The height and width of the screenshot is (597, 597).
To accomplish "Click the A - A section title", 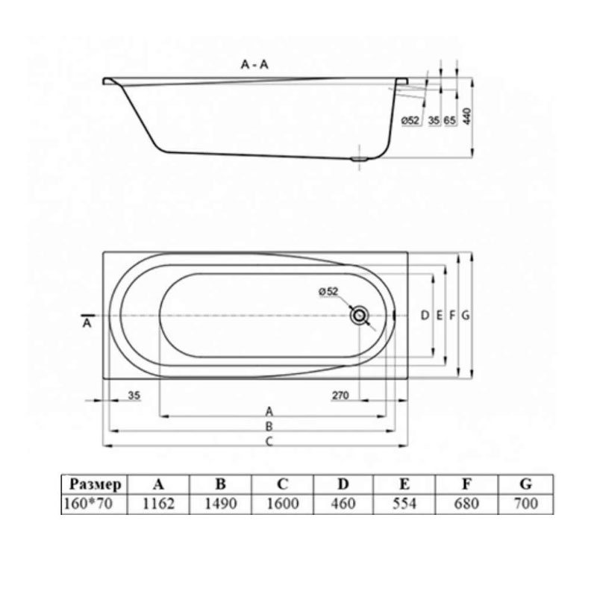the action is tap(254, 65).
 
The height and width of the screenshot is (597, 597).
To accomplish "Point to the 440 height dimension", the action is tap(467, 116).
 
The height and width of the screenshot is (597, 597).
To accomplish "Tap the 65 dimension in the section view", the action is tap(450, 120).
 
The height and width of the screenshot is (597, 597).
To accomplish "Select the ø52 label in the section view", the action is tap(410, 120).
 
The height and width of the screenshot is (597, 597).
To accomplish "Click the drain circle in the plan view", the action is tap(359, 315).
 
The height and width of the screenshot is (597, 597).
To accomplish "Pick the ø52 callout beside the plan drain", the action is tap(328, 292).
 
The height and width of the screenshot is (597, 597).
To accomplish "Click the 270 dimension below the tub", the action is tap(340, 396).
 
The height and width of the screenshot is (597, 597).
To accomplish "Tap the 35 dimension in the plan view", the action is tap(134, 396).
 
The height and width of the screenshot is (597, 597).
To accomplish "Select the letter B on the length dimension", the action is tap(269, 426).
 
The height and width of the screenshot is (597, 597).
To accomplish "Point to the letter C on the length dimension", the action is tap(269, 441).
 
